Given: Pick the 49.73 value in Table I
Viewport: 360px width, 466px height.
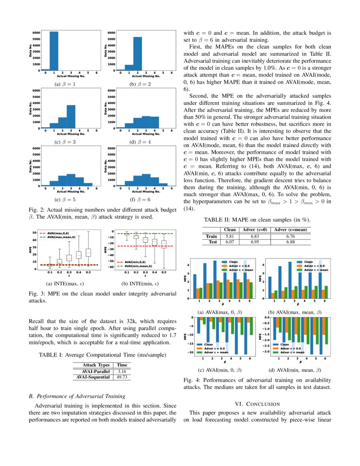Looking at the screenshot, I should tap(122, 377).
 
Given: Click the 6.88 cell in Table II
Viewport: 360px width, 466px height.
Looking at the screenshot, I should tap(290, 242).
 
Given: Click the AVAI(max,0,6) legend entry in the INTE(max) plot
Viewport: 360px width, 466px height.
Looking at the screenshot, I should tap(59, 233).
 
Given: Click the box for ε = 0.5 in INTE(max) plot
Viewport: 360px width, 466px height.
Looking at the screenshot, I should tap(89, 252).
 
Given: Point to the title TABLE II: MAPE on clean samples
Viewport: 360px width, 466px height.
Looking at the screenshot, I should tap(257, 219).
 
